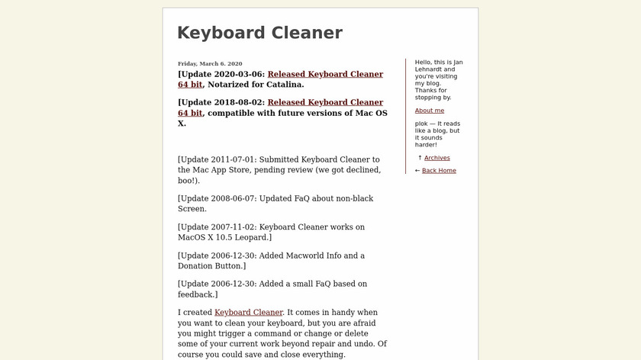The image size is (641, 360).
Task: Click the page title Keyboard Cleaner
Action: click(x=259, y=33)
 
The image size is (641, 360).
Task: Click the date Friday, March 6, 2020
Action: click(x=210, y=63)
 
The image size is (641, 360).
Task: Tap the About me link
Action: click(x=430, y=111)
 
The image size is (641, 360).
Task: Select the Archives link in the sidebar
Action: click(x=437, y=158)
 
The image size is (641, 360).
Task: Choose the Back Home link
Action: click(x=439, y=170)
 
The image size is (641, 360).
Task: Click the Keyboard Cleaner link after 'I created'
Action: click(x=248, y=312)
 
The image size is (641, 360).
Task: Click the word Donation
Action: click(x=198, y=266)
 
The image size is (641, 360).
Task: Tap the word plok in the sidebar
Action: click(x=422, y=124)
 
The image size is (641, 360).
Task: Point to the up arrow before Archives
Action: click(x=420, y=158)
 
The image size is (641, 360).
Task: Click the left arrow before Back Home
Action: click(x=417, y=170)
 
